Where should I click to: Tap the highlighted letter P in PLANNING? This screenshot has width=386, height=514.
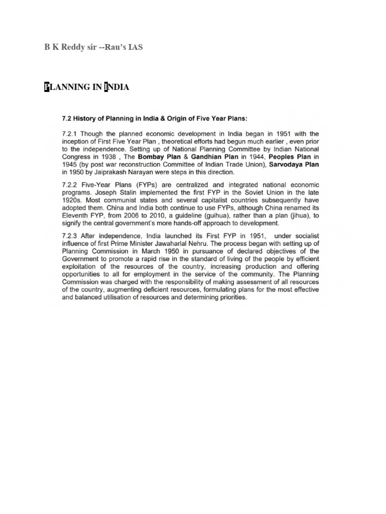coord(47,87)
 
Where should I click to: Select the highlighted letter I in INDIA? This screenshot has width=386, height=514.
coord(106,87)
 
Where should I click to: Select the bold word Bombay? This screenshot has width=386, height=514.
coord(153,157)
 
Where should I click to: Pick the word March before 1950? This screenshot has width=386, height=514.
coord(141,259)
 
